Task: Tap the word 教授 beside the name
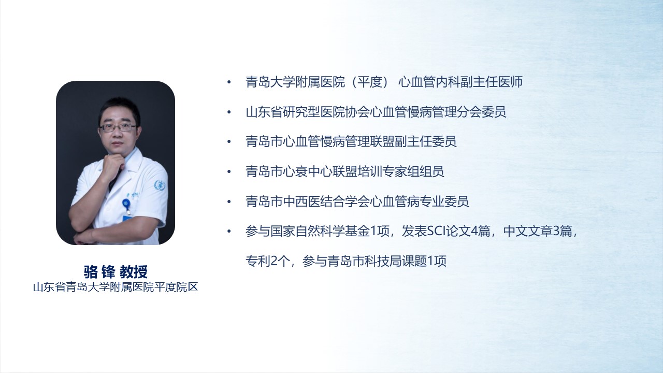click(134, 272)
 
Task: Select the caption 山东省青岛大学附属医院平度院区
click(116, 287)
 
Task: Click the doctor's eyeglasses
click(118, 128)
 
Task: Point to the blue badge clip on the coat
click(127, 205)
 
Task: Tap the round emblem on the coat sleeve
click(160, 185)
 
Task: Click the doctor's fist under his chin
click(113, 165)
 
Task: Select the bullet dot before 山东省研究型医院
click(229, 112)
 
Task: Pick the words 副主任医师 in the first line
click(492, 82)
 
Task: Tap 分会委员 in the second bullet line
click(482, 112)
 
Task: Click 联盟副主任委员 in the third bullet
click(413, 141)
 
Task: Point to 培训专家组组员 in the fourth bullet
click(401, 171)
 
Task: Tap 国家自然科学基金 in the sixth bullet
click(320, 231)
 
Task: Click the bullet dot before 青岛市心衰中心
click(229, 171)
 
